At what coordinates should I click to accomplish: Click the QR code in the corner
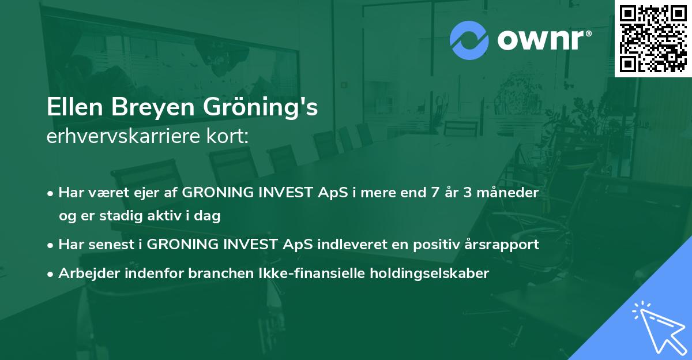(x=653, y=39)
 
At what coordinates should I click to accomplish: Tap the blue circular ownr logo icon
(x=469, y=40)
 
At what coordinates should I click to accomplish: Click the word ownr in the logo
(x=540, y=40)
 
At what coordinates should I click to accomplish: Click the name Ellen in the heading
(x=74, y=107)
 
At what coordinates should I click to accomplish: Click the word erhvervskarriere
(x=123, y=136)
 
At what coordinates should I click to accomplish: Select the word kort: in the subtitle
(x=227, y=136)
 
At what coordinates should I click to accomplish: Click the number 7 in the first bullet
(x=435, y=193)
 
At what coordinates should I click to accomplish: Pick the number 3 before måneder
(x=468, y=193)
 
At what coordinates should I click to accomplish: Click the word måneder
(x=507, y=192)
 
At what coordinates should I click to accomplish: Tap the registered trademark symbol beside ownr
(x=588, y=33)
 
